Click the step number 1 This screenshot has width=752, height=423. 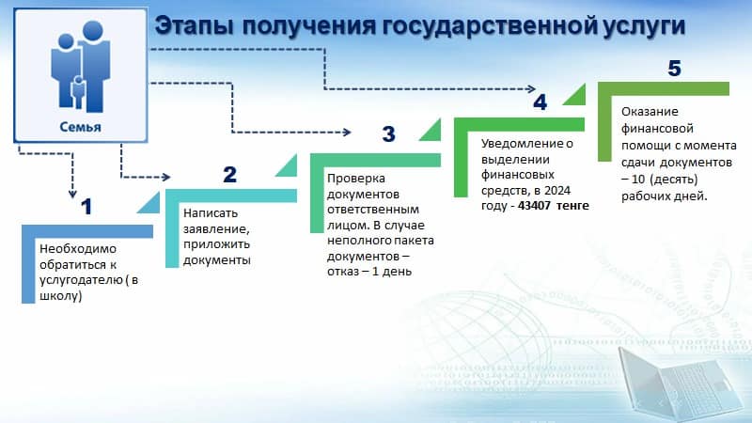click(86, 207)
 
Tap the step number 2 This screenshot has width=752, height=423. click(229, 175)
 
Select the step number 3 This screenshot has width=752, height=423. click(388, 133)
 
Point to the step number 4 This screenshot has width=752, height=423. click(540, 102)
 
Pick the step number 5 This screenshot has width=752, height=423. click(674, 69)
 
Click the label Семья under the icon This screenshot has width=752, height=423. click(80, 127)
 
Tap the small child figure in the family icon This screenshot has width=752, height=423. click(78, 91)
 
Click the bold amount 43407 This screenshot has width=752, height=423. click(533, 205)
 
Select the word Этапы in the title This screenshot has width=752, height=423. click(194, 27)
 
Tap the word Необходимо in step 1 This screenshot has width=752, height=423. click(78, 249)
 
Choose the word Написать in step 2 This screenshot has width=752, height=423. click(211, 213)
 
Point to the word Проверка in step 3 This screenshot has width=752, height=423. click(356, 179)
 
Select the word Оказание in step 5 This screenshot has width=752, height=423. click(650, 111)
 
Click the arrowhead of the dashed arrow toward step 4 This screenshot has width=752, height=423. click(531, 88)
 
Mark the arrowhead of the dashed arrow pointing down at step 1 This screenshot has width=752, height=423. click(72, 194)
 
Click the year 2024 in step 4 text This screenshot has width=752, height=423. click(557, 191)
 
